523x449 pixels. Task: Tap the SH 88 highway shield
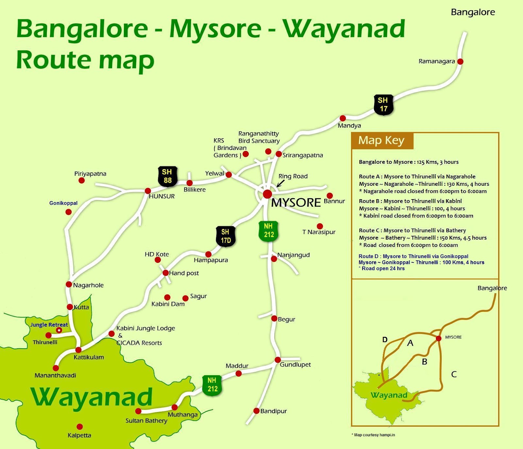tap(167, 176)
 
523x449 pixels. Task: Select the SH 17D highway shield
tap(226, 236)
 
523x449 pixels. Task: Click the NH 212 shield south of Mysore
tap(268, 231)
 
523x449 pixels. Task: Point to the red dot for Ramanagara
tap(460, 61)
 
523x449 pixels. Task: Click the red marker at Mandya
tap(343, 118)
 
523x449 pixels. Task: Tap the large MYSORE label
tap(296, 203)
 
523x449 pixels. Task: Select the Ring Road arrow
tap(280, 183)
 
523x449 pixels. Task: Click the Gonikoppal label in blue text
tap(63, 203)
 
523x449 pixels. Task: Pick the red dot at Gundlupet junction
tap(278, 360)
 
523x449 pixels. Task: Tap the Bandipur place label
tap(273, 411)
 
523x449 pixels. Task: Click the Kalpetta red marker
tap(79, 426)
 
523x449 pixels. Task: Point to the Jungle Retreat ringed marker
tap(59, 330)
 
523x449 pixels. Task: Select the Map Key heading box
tap(382, 141)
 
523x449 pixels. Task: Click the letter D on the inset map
tap(385, 340)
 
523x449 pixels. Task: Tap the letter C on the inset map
tap(454, 374)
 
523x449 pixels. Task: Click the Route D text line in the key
tap(413, 256)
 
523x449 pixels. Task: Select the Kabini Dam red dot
tap(167, 297)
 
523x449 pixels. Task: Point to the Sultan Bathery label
tap(146, 421)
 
